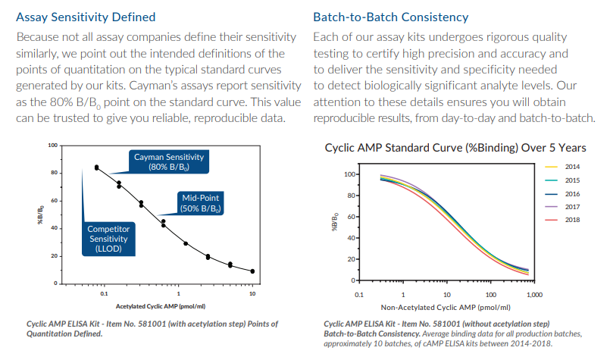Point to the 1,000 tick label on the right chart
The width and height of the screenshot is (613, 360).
(535, 293)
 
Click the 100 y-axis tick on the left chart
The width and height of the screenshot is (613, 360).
(52, 145)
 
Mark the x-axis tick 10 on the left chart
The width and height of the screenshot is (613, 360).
(252, 293)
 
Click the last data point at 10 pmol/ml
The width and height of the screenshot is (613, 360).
(252, 271)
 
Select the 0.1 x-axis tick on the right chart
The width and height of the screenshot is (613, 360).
(359, 293)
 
